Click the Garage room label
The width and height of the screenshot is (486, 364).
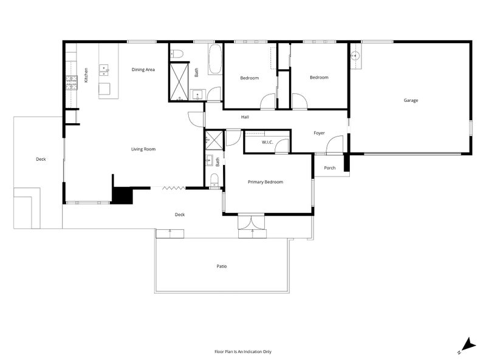click(411, 100)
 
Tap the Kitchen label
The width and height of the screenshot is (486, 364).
click(86, 75)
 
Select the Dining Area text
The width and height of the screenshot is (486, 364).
click(143, 70)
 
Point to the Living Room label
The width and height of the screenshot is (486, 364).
click(143, 149)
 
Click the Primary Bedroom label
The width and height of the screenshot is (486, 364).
click(265, 182)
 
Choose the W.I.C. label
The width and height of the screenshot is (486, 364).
click(267, 143)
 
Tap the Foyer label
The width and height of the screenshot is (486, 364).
click(319, 133)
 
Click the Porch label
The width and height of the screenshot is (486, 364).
click(329, 168)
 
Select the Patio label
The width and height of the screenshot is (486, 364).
click(222, 266)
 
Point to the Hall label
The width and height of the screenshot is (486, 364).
click(245, 117)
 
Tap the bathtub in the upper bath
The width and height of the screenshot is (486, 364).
click(215, 59)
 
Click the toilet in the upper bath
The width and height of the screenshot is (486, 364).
click(177, 55)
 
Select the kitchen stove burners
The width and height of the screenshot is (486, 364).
click(72, 83)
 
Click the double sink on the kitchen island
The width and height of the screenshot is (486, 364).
click(104, 70)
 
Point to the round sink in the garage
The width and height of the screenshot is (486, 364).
click(355, 56)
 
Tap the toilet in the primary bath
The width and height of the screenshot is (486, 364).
click(214, 181)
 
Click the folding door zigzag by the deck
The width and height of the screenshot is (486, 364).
click(174, 187)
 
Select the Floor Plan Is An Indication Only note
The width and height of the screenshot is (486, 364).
click(243, 352)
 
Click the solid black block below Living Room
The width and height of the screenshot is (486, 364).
click(122, 195)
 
